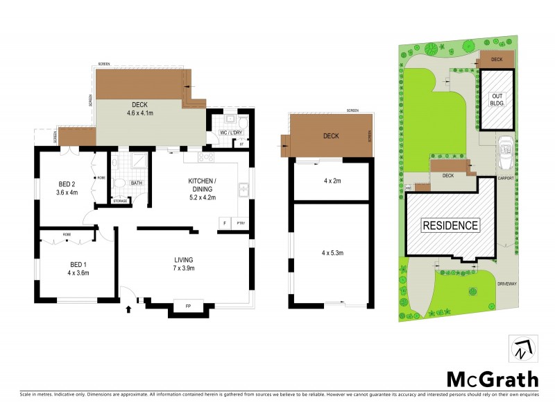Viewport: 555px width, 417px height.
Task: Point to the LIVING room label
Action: click(183, 260)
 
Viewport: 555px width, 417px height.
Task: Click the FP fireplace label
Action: click(187, 306)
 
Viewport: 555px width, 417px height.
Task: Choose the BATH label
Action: click(137, 183)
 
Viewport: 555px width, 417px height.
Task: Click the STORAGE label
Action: click(120, 201)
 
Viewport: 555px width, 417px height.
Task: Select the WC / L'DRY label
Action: click(229, 132)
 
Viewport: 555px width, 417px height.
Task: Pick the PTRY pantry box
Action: click(241, 223)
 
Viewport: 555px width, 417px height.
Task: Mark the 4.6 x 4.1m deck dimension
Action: click(140, 113)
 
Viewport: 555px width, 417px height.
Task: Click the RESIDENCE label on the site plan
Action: click(450, 225)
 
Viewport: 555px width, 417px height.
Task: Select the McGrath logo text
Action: click(492, 379)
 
